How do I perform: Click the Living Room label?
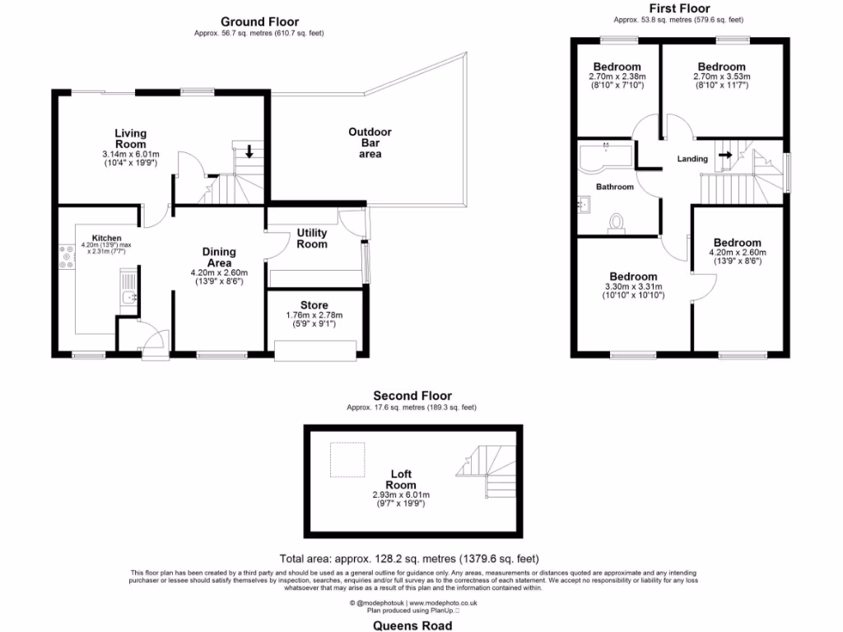click(x=130, y=138)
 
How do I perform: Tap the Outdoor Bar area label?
click(x=370, y=142)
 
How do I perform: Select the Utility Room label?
click(x=312, y=239)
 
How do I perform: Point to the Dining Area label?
click(x=219, y=258)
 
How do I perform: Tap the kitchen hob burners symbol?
click(x=63, y=256)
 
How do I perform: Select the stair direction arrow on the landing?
click(x=725, y=154)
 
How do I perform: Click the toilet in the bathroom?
click(x=616, y=222)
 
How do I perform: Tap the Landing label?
click(x=692, y=159)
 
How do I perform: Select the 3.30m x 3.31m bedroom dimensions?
click(x=633, y=286)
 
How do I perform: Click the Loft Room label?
click(x=403, y=479)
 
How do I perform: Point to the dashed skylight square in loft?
click(x=346, y=460)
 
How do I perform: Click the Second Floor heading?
click(x=412, y=396)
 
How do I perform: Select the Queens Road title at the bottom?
click(x=412, y=625)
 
